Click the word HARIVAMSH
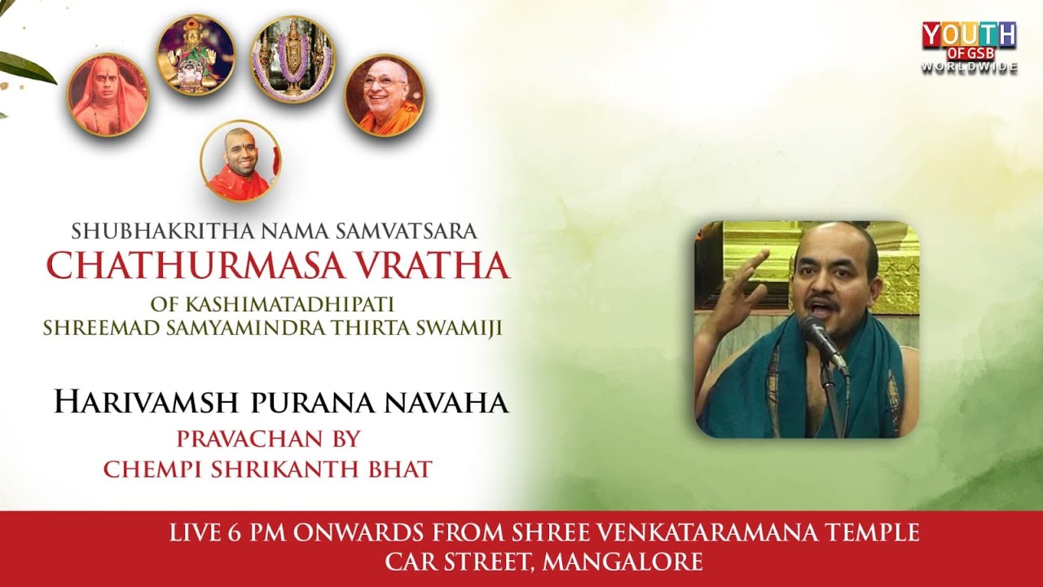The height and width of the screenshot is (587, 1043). [145, 403]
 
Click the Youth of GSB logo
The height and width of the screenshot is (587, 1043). [969, 41]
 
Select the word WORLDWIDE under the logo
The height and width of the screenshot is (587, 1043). [969, 68]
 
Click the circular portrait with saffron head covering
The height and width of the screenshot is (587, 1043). [108, 95]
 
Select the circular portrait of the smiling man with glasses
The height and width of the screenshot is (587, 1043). [385, 95]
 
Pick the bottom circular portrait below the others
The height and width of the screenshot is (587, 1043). [240, 161]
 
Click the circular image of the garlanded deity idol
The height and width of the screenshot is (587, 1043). [292, 59]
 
